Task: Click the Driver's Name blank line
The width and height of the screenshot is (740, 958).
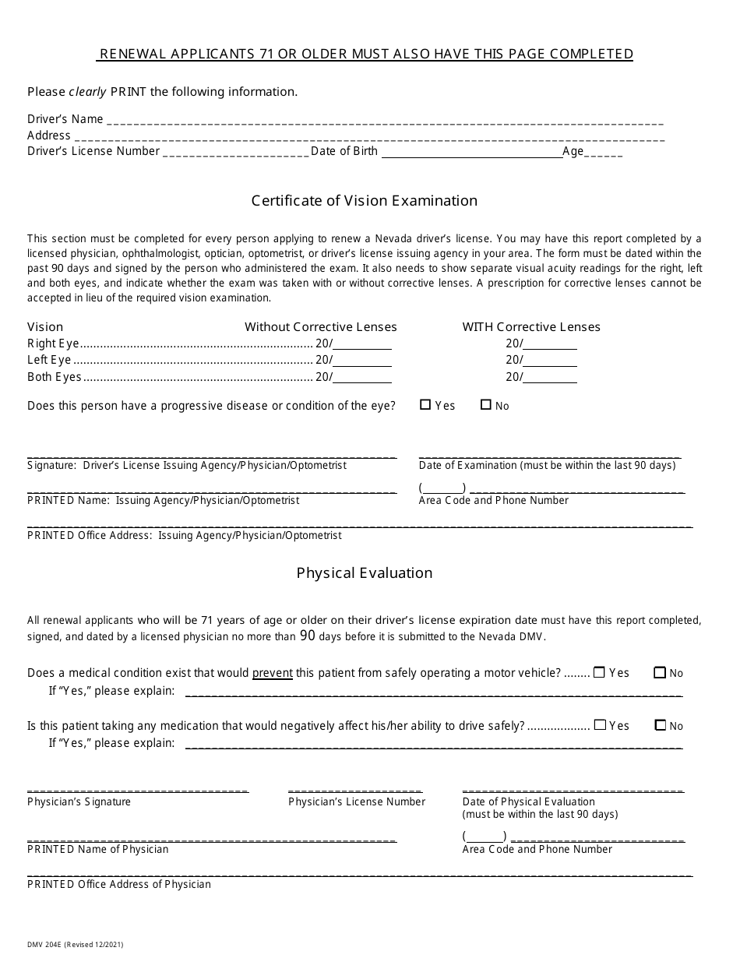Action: pyautogui.click(x=385, y=121)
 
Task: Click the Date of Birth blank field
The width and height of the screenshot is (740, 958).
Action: pyautogui.click(x=471, y=153)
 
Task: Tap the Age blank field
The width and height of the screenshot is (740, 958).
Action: pyautogui.click(x=603, y=153)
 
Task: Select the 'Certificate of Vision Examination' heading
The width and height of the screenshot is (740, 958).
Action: pyautogui.click(x=365, y=201)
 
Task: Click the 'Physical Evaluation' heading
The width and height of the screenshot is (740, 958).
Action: pyautogui.click(x=365, y=573)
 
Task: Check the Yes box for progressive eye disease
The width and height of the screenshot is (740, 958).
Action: pyautogui.click(x=425, y=405)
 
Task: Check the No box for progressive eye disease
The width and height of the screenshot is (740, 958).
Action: pyautogui.click(x=486, y=405)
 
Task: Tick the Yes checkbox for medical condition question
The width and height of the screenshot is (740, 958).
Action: pyautogui.click(x=599, y=672)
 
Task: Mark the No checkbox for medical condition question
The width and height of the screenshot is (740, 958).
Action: pyautogui.click(x=660, y=673)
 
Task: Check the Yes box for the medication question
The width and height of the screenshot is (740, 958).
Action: pyautogui.click(x=599, y=725)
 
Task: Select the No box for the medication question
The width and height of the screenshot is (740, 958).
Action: pyautogui.click(x=660, y=725)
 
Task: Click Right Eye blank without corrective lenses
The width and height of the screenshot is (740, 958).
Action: pyautogui.click(x=362, y=343)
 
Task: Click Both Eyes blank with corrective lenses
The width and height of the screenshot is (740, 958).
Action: pyautogui.click(x=550, y=378)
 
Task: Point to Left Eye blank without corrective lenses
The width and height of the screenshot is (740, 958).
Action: pyautogui.click(x=362, y=361)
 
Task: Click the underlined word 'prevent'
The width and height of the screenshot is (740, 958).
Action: pyautogui.click(x=272, y=673)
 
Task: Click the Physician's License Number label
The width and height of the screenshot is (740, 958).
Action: pyautogui.click(x=357, y=801)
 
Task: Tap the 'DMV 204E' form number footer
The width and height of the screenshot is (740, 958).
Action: pyautogui.click(x=45, y=944)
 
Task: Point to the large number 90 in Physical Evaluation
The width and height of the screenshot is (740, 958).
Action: pyautogui.click(x=308, y=636)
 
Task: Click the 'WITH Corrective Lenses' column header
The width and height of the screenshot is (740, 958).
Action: pyautogui.click(x=531, y=327)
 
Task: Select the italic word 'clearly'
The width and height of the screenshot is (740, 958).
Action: pyautogui.click(x=87, y=92)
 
